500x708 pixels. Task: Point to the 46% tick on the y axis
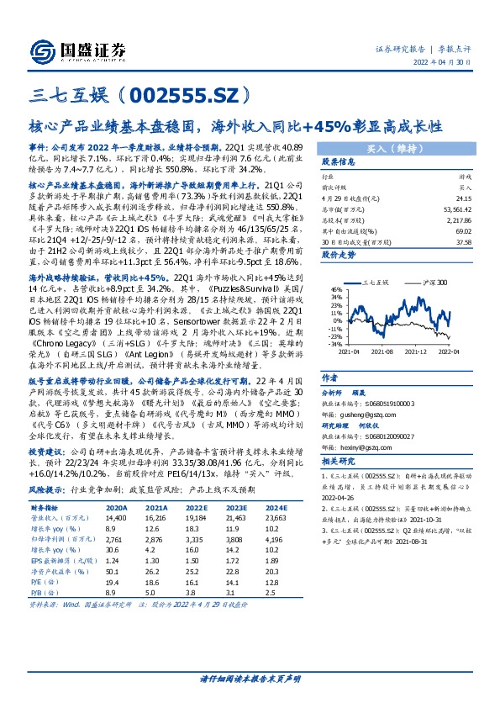[x=335, y=288]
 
